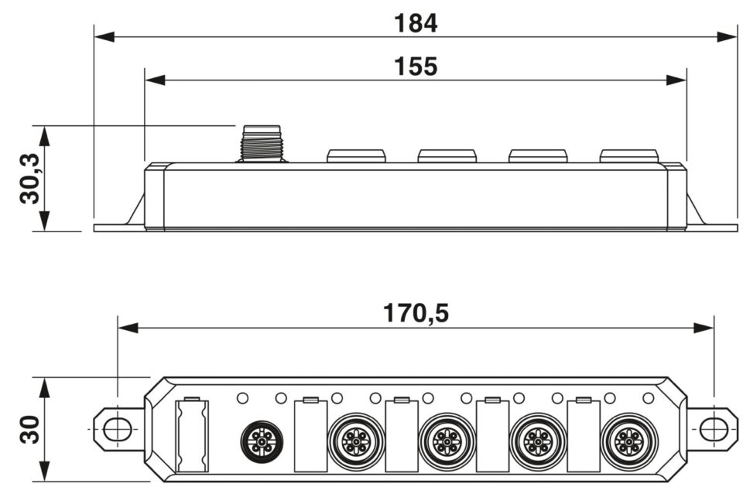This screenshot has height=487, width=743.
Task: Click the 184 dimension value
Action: point(416,23)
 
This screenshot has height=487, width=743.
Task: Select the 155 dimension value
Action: point(416,67)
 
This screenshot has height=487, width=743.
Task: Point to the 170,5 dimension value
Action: point(416,313)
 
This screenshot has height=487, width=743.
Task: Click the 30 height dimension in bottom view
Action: point(29,429)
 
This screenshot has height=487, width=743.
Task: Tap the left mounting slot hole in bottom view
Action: point(117,427)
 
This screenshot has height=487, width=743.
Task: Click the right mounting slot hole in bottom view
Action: point(713,427)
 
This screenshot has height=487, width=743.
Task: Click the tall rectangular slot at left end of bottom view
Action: point(190,435)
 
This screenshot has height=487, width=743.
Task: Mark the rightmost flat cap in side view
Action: point(628,155)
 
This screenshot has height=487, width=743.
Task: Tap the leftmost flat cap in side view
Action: point(356,155)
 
